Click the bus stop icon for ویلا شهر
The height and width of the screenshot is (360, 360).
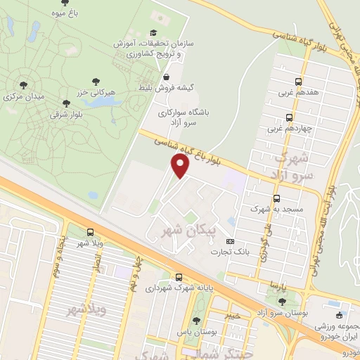tap(90, 232)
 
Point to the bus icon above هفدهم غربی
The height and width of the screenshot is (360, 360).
tap(299, 81)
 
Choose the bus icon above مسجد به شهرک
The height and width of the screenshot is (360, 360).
tap(276, 198)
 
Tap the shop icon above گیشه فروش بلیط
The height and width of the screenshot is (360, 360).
tap(166, 77)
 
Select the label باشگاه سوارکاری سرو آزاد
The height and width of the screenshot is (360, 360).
tap(187, 117)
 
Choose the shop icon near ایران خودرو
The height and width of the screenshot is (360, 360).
tap(340, 315)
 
